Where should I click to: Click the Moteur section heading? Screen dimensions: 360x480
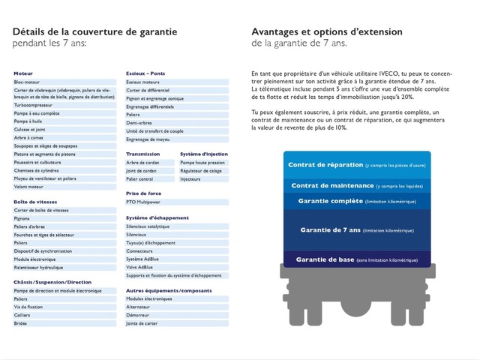23,73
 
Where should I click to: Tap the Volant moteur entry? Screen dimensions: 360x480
29,187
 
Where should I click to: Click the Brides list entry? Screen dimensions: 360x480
20,323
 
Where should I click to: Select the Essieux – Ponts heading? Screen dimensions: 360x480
145,73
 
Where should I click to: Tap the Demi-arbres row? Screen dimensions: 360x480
139,122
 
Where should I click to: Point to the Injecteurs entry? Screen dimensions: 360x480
190,178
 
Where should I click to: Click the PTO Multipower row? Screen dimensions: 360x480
143,202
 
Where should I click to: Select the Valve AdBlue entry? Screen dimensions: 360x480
140,266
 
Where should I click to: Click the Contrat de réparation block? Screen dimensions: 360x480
357,165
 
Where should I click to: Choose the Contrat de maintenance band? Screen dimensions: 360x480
357,185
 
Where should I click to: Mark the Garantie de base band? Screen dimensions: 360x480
357,259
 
